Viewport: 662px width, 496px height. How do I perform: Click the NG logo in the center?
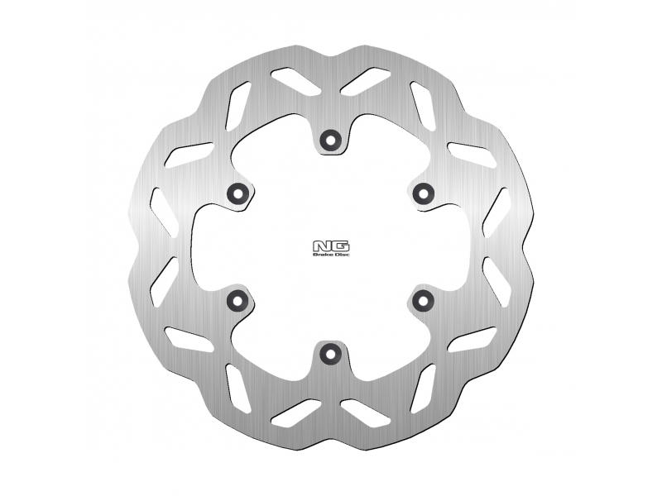331,246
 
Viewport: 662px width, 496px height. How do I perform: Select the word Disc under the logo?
343,255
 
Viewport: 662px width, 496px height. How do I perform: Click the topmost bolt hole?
330,139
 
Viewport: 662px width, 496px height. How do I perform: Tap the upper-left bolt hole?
237,193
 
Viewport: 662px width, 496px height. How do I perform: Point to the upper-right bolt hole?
424,193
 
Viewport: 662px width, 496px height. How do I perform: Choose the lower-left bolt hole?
237,300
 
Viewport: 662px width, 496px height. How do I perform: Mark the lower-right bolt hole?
424,300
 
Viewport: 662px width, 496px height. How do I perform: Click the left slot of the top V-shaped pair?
295,81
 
